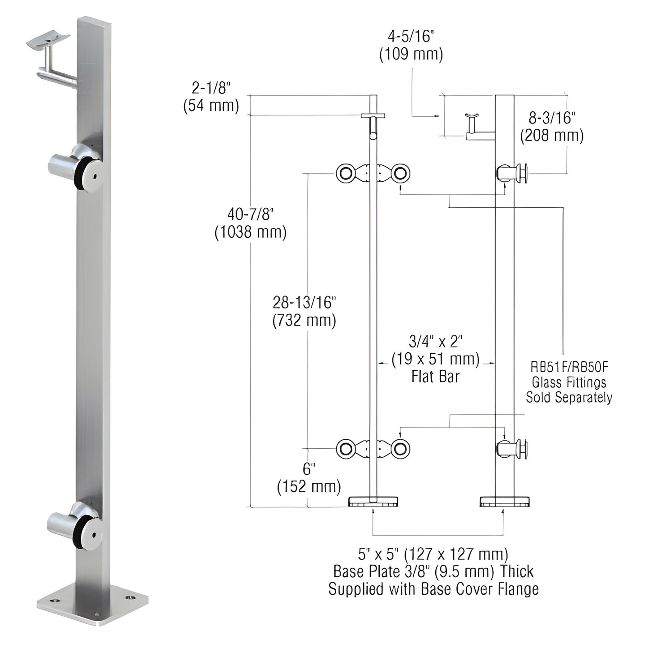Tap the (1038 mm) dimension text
(x=250, y=232)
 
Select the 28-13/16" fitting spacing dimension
(x=305, y=302)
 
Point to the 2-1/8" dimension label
(x=211, y=87)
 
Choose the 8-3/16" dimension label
(x=552, y=118)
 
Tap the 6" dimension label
(x=308, y=469)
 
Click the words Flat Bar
(x=435, y=377)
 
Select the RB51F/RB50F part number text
(x=569, y=367)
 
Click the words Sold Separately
(x=569, y=397)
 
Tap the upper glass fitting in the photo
(x=76, y=167)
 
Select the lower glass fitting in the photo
(x=74, y=525)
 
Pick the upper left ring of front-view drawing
(x=346, y=173)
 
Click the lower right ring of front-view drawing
(x=400, y=449)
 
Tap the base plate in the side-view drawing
(x=505, y=501)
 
